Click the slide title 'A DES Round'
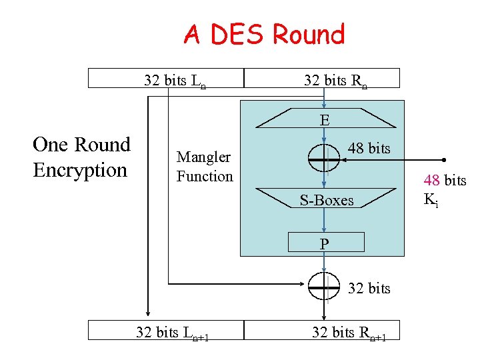pos(264,34)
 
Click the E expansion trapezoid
pos(324,120)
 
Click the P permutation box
pos(325,242)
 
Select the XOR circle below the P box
pos(324,287)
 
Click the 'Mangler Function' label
pos(204,167)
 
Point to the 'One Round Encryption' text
pos(81,157)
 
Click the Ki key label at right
pos(431,199)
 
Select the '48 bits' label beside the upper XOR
pos(369,148)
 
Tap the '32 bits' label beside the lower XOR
pos(369,288)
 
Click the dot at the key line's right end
pos(443,160)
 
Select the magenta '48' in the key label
pos(432,181)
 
